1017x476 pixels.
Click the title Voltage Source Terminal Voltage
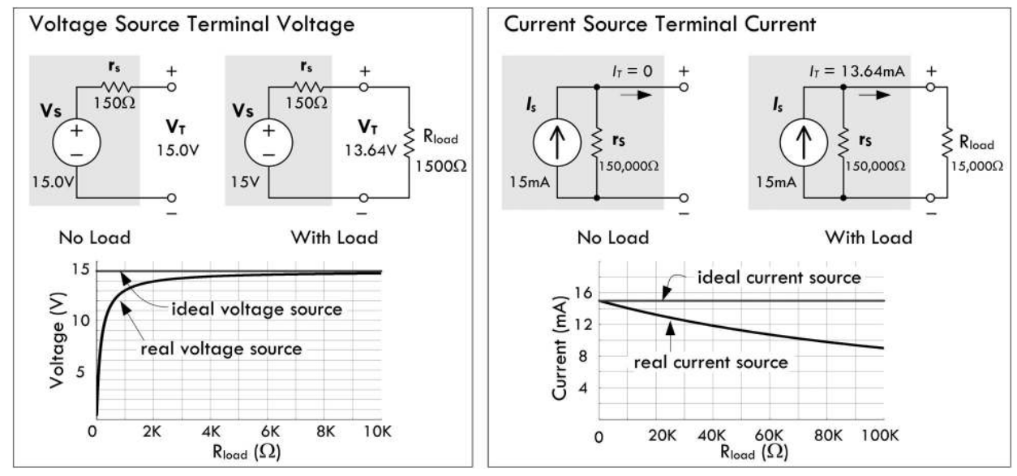[192, 24]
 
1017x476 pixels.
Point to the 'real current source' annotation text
[710, 362]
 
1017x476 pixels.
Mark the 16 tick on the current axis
[580, 293]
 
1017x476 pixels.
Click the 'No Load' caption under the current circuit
[614, 238]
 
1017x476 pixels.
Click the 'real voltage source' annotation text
[221, 349]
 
